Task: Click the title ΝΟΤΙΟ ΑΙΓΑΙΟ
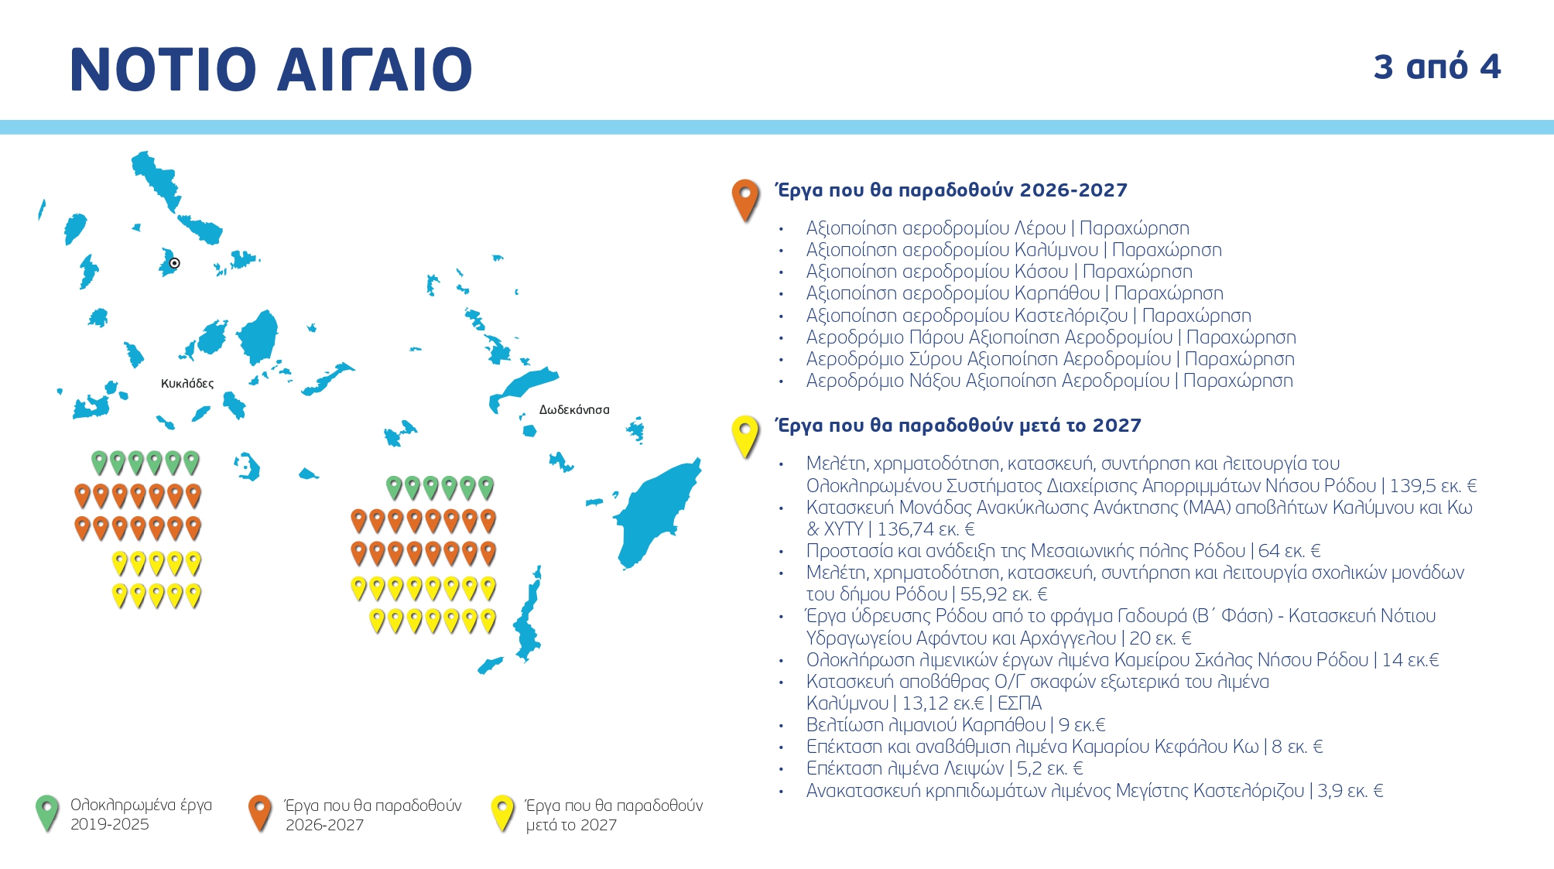pyautogui.click(x=271, y=70)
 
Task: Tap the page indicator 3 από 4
pyautogui.click(x=1437, y=67)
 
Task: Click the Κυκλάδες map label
pyautogui.click(x=187, y=384)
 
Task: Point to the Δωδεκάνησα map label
pyautogui.click(x=574, y=410)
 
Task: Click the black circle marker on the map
pyautogui.click(x=175, y=263)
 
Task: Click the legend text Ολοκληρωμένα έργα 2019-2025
pyautogui.click(x=141, y=815)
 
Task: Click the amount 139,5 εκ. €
pyautogui.click(x=1433, y=486)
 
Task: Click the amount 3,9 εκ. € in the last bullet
pyautogui.click(x=1350, y=791)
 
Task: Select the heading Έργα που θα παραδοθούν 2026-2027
pyautogui.click(x=952, y=190)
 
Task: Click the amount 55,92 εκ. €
pyautogui.click(x=1004, y=594)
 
